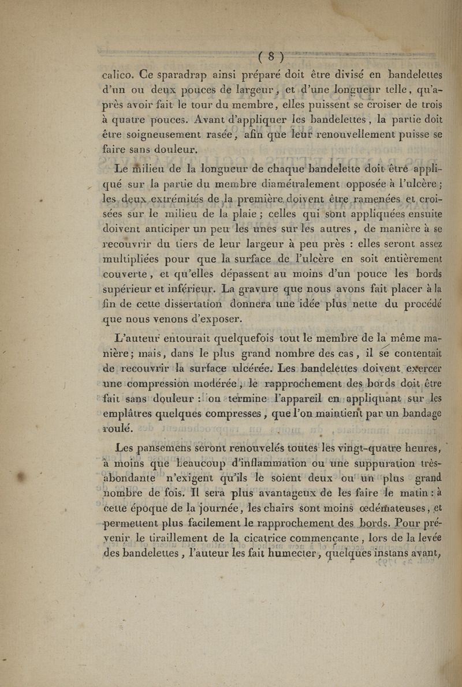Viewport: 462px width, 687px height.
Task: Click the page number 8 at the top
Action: pos(263,58)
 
